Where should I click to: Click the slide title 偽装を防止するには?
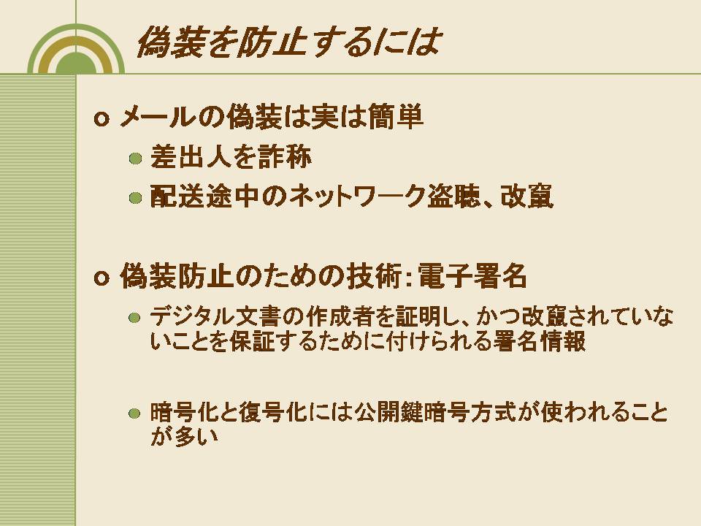coord(289,42)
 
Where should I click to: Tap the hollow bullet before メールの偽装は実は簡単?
coord(101,119)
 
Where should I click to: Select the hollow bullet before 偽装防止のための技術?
coord(101,278)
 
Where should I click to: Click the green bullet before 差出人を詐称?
coord(135,159)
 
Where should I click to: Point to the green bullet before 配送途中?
coord(135,198)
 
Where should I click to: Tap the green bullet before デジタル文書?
coord(134,318)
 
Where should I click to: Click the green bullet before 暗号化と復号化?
coord(134,413)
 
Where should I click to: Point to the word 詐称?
coord(285,157)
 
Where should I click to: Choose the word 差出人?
coord(191,157)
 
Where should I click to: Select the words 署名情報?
coord(539,341)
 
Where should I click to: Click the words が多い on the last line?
coord(184,436)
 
